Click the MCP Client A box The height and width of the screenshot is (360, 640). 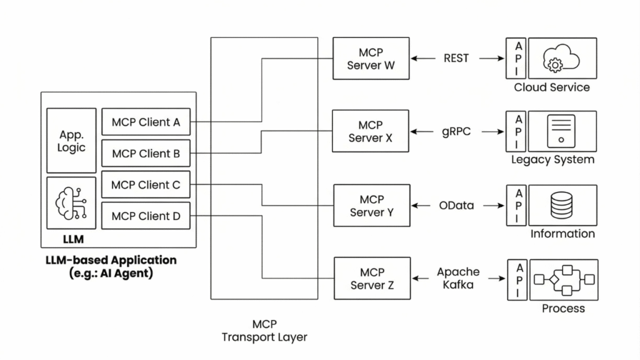tap(146, 122)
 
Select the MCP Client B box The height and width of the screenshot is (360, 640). tap(146, 154)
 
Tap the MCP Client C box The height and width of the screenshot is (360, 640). tap(146, 185)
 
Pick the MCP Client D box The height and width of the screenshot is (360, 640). tap(146, 216)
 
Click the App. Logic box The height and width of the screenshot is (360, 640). tap(71, 141)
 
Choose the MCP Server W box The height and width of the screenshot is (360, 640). tap(371, 58)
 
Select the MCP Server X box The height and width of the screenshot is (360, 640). tap(371, 131)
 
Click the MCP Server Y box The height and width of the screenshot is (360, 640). tap(371, 206)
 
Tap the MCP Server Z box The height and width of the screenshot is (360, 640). tap(371, 279)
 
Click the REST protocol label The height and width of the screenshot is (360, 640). tap(456, 58)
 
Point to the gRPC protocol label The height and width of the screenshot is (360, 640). tap(456, 132)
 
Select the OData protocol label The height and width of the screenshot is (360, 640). tap(456, 206)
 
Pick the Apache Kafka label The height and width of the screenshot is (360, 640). tap(458, 278)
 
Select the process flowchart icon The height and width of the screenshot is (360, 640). tap(564, 279)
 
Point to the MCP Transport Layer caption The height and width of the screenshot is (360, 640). tap(264, 331)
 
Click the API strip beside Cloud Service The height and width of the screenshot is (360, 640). tap(519, 57)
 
